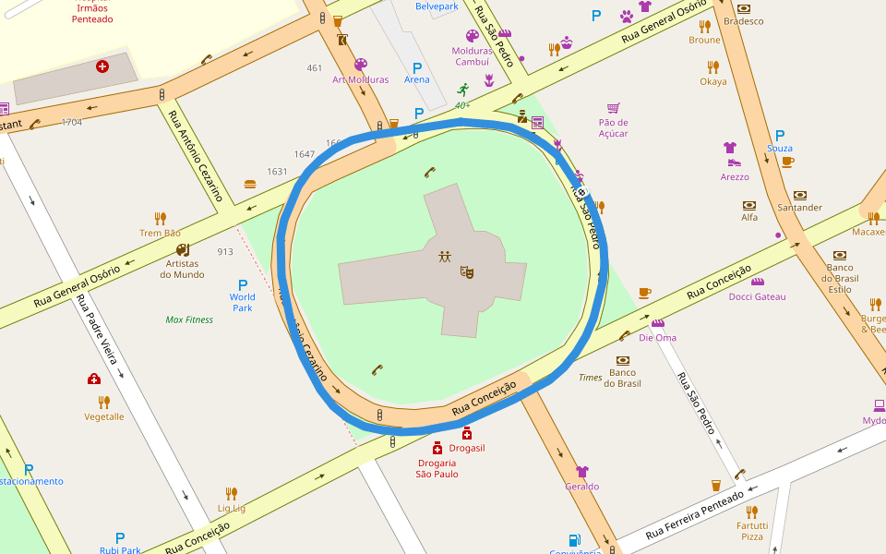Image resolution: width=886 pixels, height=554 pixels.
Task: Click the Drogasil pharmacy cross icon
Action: point(467,433)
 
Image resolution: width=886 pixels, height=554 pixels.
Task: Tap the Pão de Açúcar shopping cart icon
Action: point(613,108)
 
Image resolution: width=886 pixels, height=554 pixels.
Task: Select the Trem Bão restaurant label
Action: point(161,233)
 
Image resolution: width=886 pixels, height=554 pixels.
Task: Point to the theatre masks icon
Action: point(468,272)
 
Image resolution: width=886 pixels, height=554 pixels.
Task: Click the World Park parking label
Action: point(243,302)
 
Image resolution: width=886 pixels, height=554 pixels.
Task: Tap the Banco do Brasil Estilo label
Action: point(840,278)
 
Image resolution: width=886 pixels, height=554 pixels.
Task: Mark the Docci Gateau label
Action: point(757,296)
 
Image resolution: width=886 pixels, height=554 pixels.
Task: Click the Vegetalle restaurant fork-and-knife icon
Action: point(104,402)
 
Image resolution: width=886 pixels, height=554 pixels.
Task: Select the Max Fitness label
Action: point(189,320)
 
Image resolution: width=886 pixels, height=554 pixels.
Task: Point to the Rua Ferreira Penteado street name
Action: point(694,516)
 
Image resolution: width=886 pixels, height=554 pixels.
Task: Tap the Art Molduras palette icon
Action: point(360,65)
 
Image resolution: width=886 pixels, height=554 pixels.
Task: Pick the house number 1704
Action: point(71,122)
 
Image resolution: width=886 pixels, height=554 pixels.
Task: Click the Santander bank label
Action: point(799,208)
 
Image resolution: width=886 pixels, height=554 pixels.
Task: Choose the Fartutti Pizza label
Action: point(751,530)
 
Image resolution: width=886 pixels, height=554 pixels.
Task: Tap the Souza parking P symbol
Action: point(780,135)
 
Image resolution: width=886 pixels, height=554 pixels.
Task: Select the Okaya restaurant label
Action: point(712,81)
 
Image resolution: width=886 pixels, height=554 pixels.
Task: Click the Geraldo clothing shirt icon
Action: point(582,472)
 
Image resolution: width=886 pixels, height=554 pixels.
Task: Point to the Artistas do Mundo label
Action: point(182,269)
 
